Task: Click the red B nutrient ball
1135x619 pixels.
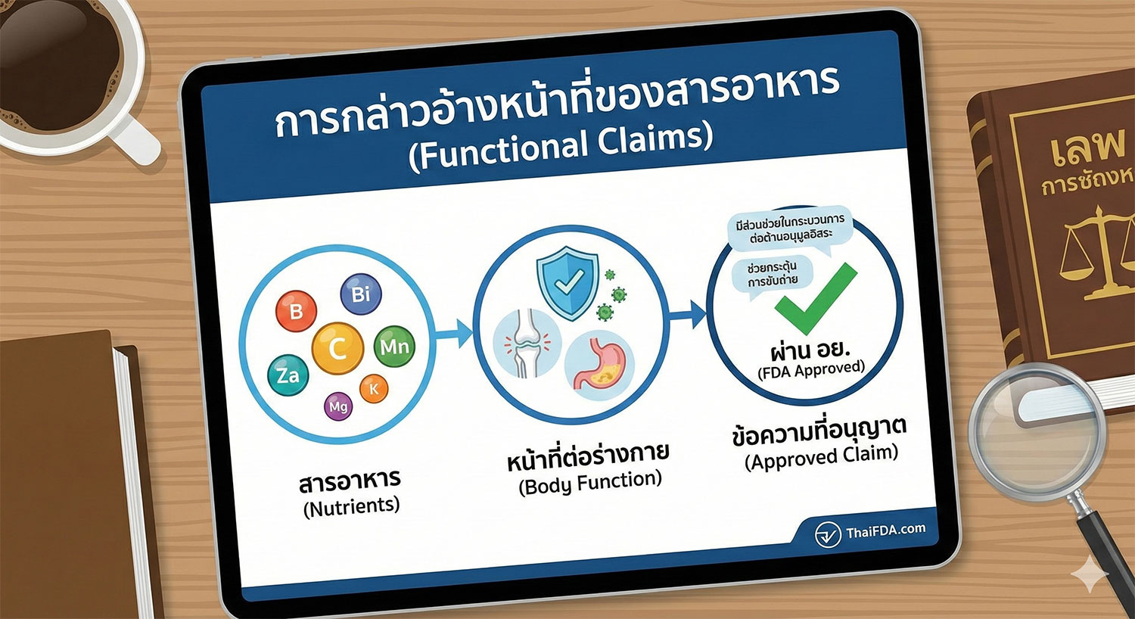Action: click(x=296, y=311)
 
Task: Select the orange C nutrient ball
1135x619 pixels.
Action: click(x=337, y=348)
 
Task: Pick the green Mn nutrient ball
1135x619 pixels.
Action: click(x=394, y=347)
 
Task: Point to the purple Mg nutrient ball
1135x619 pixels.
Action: click(x=337, y=406)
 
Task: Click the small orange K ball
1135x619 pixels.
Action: click(x=373, y=389)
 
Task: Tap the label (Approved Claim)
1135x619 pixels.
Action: click(x=821, y=457)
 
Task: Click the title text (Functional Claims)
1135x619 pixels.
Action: click(x=561, y=145)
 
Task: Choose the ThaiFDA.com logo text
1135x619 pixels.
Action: click(x=885, y=530)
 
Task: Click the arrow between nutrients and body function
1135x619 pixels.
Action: click(x=455, y=333)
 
